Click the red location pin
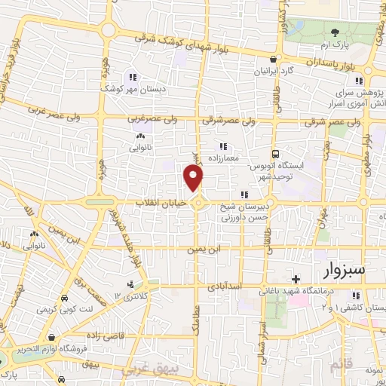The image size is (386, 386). tap(194, 178)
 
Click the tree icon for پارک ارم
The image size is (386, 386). tap(335, 32)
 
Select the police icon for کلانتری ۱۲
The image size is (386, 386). tap(132, 284)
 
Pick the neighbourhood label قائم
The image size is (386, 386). tap(341, 365)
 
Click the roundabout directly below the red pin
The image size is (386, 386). tap(198, 204)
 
